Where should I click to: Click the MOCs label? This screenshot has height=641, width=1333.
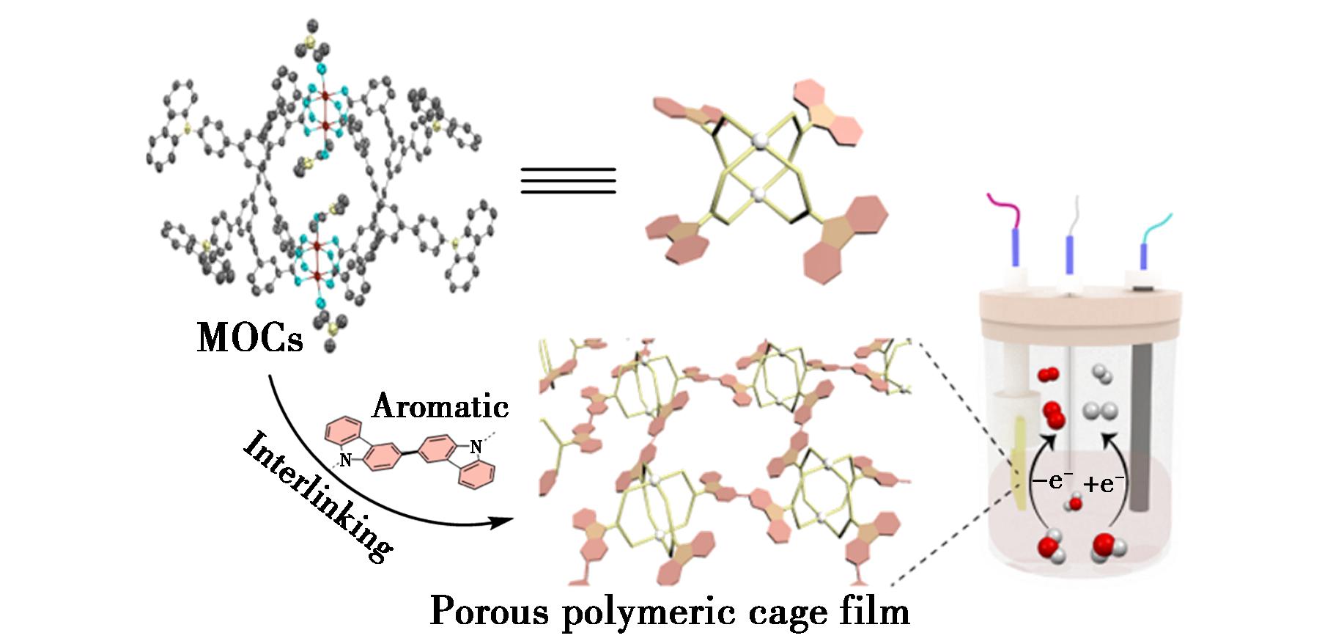click(249, 338)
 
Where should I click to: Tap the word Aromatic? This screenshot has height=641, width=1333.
click(440, 406)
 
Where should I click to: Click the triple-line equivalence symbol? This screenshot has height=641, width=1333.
click(568, 180)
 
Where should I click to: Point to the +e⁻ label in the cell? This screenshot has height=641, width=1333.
click(1103, 483)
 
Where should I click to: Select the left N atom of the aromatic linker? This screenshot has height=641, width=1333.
click(345, 461)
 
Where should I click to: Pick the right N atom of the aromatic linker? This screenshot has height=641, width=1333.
click(476, 446)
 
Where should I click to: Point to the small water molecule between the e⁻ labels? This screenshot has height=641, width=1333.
click(1075, 504)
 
